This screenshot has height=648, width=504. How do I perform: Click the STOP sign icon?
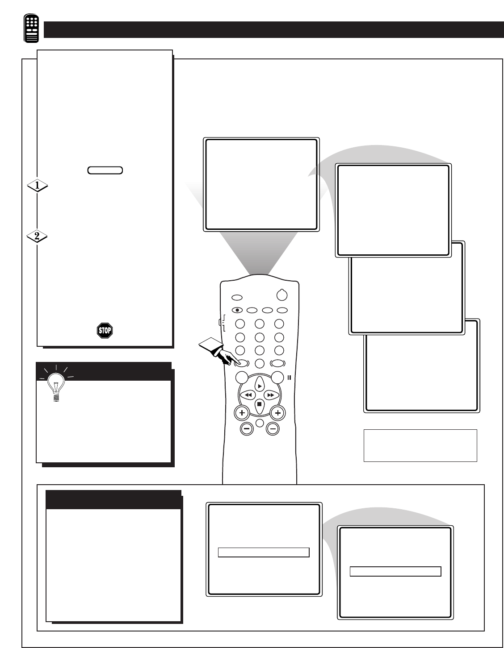pyautogui.click(x=105, y=330)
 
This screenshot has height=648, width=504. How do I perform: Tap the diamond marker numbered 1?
pyautogui.click(x=38, y=186)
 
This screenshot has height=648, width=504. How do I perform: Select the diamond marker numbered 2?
pyautogui.click(x=38, y=236)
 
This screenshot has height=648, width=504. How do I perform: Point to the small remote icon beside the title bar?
pyautogui.click(x=31, y=28)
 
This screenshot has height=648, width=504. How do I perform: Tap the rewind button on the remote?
pyautogui.click(x=248, y=395)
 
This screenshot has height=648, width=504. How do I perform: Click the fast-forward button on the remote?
pyautogui.click(x=271, y=395)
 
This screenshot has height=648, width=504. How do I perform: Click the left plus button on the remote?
pyautogui.click(x=242, y=413)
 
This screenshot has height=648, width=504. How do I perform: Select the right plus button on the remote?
pyautogui.click(x=277, y=413)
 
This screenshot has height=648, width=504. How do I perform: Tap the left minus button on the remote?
pyautogui.click(x=247, y=429)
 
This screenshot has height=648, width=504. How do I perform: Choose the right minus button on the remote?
pyautogui.click(x=273, y=429)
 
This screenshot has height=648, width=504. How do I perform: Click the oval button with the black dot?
pyautogui.click(x=237, y=310)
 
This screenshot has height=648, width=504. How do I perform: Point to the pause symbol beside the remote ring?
pyautogui.click(x=289, y=378)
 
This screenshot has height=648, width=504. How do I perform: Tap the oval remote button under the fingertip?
pyautogui.click(x=242, y=363)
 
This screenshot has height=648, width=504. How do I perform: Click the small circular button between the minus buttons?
pyautogui.click(x=260, y=423)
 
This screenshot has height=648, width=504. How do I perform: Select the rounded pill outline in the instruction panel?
pyautogui.click(x=105, y=170)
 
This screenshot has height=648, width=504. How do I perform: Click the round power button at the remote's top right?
pyautogui.click(x=282, y=295)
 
